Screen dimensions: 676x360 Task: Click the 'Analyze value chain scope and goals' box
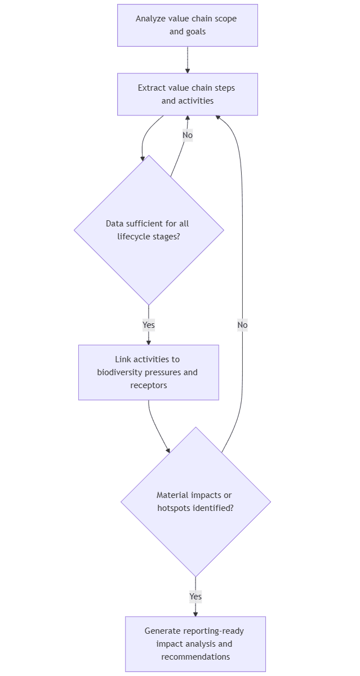pyautogui.click(x=187, y=25)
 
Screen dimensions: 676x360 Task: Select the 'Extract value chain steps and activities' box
pyautogui.click(x=187, y=94)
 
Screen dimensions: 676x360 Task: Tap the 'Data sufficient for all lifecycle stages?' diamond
pyautogui.click(x=149, y=230)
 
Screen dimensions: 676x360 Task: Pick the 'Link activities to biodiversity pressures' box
pyautogui.click(x=148, y=372)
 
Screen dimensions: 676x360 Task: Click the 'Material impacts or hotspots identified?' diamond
pyautogui.click(x=195, y=501)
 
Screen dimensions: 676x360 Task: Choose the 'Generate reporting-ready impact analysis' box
pyautogui.click(x=195, y=644)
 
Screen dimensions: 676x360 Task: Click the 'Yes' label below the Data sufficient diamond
pyautogui.click(x=149, y=325)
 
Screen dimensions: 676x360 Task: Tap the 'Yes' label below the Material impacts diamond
pyautogui.click(x=195, y=597)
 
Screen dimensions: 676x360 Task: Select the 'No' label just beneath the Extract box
pyautogui.click(x=188, y=135)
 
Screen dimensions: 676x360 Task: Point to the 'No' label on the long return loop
pyautogui.click(x=242, y=325)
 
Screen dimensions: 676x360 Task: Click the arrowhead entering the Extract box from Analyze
pyautogui.click(x=188, y=70)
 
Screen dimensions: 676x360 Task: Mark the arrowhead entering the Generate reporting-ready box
pyautogui.click(x=195, y=613)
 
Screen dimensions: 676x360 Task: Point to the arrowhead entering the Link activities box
pyautogui.click(x=149, y=342)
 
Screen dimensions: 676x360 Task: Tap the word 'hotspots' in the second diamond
pyautogui.click(x=174, y=508)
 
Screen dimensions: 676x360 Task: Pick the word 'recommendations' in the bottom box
pyautogui.click(x=195, y=657)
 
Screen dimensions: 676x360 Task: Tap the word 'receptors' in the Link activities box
pyautogui.click(x=149, y=385)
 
